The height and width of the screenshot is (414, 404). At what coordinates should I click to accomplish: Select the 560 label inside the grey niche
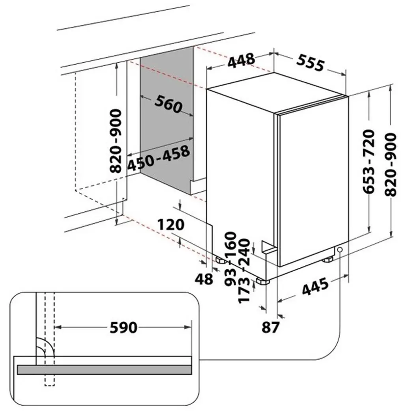coord(168,104)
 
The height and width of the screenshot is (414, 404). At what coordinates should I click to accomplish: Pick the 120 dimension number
coord(171,225)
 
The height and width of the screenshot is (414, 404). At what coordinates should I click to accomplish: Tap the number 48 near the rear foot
coord(204,279)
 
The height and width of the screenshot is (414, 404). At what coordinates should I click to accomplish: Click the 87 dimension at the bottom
coord(271,327)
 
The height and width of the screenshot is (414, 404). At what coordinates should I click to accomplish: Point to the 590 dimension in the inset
coord(123,327)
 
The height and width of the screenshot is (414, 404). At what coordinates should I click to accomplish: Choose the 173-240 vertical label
coord(244,271)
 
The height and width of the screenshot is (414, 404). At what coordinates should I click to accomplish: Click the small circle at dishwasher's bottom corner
coord(340,250)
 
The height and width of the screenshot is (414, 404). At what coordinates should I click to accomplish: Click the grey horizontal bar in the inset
coord(105,370)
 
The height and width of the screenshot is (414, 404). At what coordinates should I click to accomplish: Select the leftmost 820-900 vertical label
coord(116,141)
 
